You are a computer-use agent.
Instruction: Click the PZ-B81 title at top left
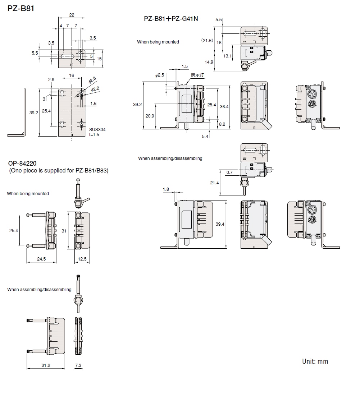click(x=20, y=8)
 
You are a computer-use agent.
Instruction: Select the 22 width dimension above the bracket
click(x=72, y=15)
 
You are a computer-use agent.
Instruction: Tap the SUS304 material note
click(x=97, y=129)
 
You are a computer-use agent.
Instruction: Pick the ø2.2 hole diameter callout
click(x=95, y=88)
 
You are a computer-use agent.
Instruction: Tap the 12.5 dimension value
click(x=82, y=259)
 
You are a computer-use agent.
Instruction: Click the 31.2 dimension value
click(x=46, y=365)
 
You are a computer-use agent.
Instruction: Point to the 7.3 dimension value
click(x=78, y=365)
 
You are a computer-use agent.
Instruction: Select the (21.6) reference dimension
click(x=207, y=41)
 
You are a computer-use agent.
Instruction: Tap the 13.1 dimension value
click(x=227, y=56)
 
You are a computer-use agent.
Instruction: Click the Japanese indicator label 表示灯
click(x=197, y=75)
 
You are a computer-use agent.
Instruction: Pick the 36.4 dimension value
click(x=224, y=106)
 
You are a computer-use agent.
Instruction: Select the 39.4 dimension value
click(x=220, y=224)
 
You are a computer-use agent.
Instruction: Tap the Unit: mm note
click(x=315, y=361)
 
